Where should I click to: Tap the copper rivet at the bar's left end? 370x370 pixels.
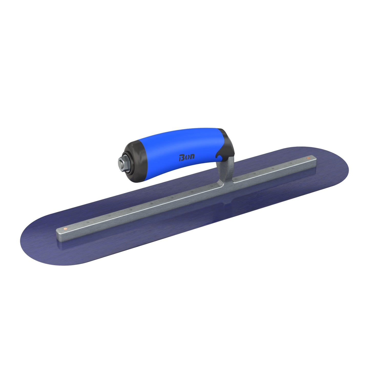66,228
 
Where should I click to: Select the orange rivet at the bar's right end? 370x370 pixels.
308,158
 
